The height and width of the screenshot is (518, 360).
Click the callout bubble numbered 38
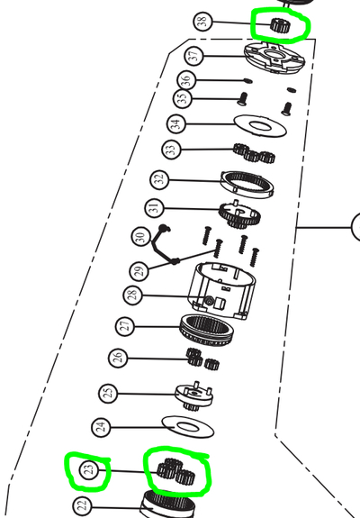(x=202, y=22)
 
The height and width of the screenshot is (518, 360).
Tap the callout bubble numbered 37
(x=194, y=55)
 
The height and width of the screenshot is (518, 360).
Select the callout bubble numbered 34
(x=176, y=123)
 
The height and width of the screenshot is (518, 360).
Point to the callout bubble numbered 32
(x=159, y=179)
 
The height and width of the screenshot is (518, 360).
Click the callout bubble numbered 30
(x=141, y=237)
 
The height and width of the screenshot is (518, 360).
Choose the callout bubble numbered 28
(x=133, y=295)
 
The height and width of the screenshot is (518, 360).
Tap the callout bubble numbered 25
(x=108, y=394)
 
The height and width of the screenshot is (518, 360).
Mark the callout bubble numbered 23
(x=89, y=469)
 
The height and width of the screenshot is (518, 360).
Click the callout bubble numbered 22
(x=82, y=506)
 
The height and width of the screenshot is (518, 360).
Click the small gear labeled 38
(x=280, y=25)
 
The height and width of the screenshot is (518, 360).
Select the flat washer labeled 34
(x=260, y=125)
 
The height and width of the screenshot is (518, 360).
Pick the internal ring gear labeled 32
(x=247, y=185)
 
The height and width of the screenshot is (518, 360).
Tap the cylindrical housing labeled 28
(x=221, y=291)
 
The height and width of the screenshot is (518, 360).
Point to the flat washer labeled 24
(x=188, y=427)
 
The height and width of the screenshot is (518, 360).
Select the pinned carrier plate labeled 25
(x=194, y=395)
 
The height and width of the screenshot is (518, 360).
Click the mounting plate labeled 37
(x=274, y=59)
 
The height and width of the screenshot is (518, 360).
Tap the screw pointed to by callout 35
(x=243, y=99)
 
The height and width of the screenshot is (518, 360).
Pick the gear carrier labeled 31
(x=240, y=214)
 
